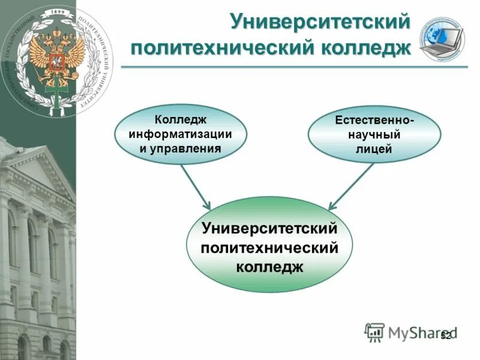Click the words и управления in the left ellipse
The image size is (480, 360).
pos(180,147)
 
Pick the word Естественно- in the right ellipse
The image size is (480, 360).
pos(374,121)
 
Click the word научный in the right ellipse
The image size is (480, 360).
pos(374,135)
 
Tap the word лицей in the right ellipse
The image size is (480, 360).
pos(374,149)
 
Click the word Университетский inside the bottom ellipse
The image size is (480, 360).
pos(269,229)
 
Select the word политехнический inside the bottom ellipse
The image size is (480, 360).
pos(269,247)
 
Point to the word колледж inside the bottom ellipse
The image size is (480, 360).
pos(269,266)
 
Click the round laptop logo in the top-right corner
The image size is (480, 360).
pos(442,39)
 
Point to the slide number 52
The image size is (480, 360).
pos(445,335)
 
